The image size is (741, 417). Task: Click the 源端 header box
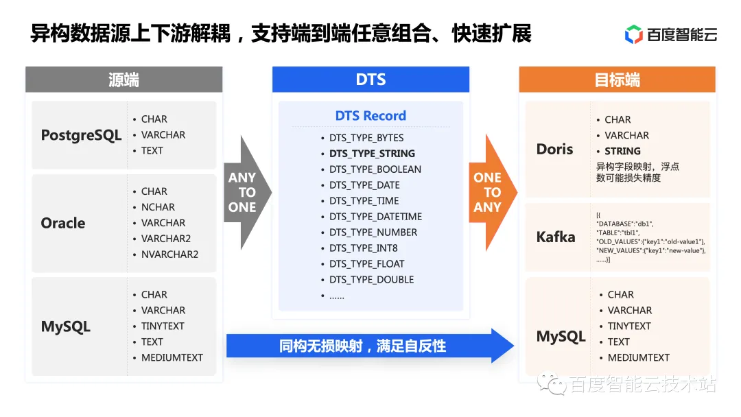coord(123,80)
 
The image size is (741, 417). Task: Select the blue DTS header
coord(370,80)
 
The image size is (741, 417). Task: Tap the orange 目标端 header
coord(617,80)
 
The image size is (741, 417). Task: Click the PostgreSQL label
coord(81,135)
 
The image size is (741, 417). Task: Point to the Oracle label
coord(63,223)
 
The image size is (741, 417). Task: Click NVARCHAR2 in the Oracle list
coord(169,254)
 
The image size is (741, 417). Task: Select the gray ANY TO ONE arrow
coord(244,193)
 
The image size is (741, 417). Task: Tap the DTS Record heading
coord(370,116)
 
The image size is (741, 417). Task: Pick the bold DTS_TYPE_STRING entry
coord(372,154)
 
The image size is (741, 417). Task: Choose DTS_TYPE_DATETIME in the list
coord(375,217)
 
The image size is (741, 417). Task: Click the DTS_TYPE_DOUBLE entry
coord(371,280)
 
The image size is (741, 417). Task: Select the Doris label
coord(554,149)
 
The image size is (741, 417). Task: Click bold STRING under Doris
coord(622,151)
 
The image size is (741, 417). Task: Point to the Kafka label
coord(556,237)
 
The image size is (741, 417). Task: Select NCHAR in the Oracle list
coord(158,207)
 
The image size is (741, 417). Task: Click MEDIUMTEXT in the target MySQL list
coord(638,357)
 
